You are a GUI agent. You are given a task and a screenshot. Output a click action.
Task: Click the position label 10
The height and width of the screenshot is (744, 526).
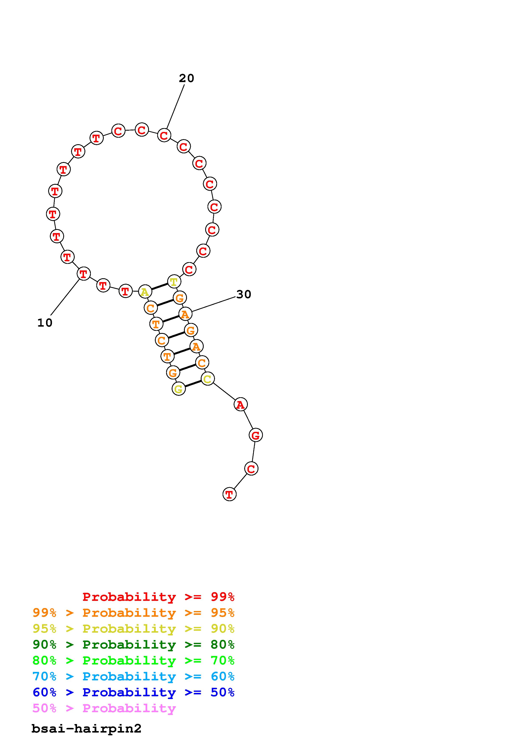(x=45, y=323)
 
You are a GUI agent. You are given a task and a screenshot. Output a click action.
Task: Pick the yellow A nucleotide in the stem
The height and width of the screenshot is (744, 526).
(x=145, y=292)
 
